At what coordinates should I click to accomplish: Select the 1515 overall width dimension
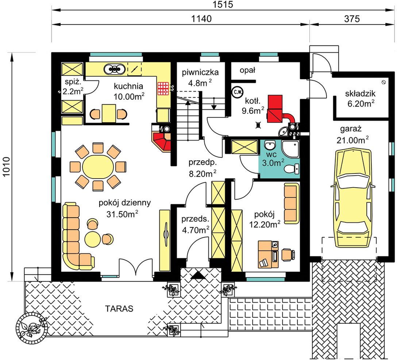point(223,4)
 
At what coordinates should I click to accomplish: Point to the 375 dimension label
point(352,19)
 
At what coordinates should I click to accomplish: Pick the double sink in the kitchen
point(115,68)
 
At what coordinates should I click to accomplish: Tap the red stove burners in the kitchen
point(163,88)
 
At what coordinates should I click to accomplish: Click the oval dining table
point(98,166)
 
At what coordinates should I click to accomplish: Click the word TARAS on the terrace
point(119,309)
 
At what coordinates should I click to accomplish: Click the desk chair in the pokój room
point(288,254)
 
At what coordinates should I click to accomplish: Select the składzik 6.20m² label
point(360,99)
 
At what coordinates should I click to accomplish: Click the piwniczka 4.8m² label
point(200,77)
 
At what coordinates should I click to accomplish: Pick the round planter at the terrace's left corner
point(31,328)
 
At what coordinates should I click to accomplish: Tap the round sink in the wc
point(270,145)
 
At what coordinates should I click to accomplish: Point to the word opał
point(247,70)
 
